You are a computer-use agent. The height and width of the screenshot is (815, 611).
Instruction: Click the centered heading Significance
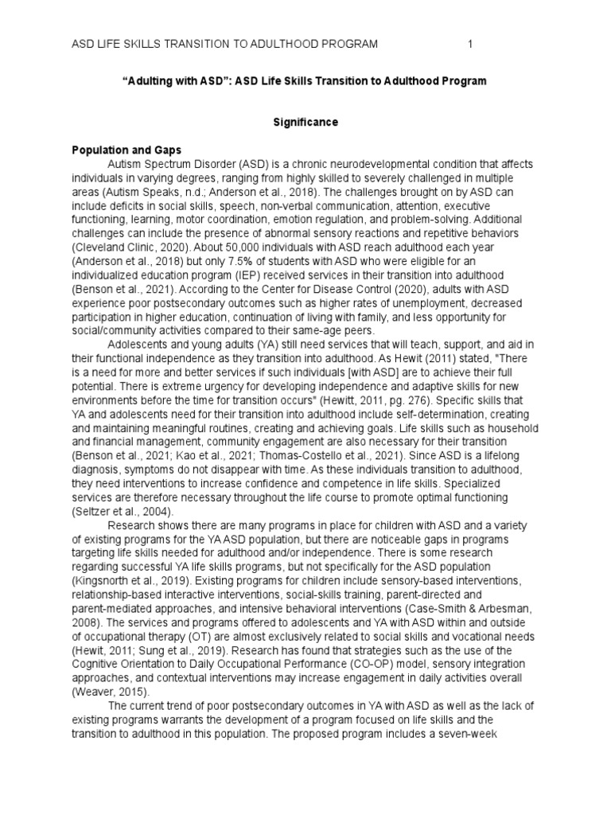pos(305,123)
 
